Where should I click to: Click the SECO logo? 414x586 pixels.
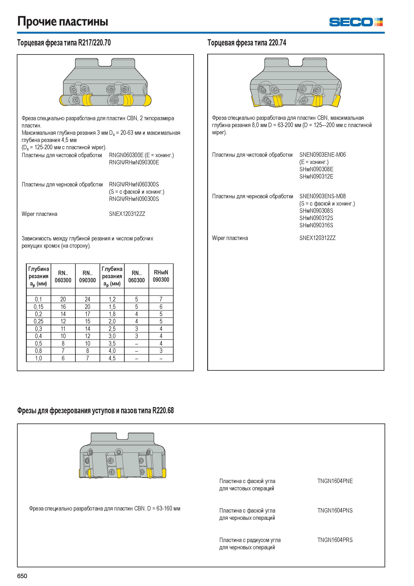point(356,22)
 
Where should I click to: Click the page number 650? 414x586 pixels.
point(22,576)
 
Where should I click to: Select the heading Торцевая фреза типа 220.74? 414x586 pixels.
point(247,43)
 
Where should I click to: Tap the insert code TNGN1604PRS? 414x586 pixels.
point(335,540)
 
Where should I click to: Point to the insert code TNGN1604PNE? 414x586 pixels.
point(335,481)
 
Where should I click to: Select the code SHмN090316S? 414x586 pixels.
point(316,225)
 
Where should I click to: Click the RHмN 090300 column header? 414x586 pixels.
point(161,276)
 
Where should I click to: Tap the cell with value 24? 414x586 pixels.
point(88,299)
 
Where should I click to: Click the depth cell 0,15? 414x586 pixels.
point(39,307)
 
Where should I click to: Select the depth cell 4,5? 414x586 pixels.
point(112,358)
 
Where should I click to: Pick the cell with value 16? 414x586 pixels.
point(63,307)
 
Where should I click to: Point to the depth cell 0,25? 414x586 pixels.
point(39,321)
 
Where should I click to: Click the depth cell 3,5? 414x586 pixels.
point(112,343)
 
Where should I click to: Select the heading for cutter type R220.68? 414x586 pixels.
point(95,411)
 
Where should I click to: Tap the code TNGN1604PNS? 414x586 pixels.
point(335,510)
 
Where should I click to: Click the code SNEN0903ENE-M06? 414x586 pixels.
point(322,154)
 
